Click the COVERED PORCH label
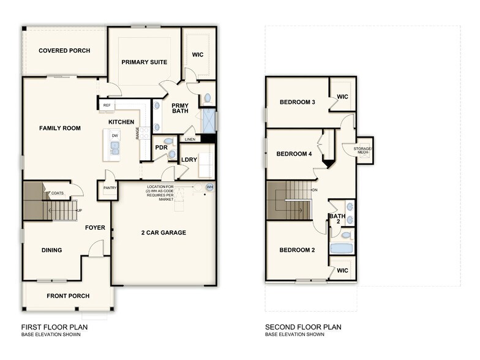click(64, 50)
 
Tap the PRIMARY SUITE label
click(144, 62)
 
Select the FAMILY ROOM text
click(60, 128)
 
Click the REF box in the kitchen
click(107, 105)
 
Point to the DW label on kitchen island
click(114, 135)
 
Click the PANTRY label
click(110, 189)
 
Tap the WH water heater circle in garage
click(209, 187)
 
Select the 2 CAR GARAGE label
click(163, 232)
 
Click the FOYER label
click(95, 228)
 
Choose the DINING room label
click(51, 250)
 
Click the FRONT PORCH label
click(68, 296)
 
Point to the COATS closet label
click(58, 193)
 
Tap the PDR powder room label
click(162, 148)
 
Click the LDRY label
click(189, 160)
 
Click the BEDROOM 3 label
click(297, 102)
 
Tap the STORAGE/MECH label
click(365, 150)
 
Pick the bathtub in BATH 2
click(341, 249)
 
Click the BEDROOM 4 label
click(294, 154)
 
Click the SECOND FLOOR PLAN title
click(303, 327)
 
